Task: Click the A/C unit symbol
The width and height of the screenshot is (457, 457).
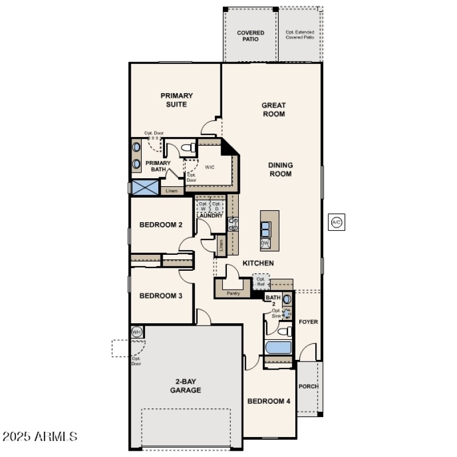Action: [336, 223]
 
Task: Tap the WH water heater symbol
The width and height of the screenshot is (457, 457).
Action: [137, 332]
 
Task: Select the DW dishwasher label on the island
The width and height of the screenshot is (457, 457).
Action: [265, 243]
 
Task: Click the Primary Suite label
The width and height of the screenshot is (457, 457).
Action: [177, 100]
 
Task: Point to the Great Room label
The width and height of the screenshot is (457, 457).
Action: [274, 109]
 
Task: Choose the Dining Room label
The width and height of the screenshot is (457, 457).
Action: [280, 169]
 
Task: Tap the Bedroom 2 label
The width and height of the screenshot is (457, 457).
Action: [161, 225]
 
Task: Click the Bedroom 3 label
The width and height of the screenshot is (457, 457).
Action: [161, 296]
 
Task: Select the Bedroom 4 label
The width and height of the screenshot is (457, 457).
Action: [268, 402]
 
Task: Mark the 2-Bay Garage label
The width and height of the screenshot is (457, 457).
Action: [185, 386]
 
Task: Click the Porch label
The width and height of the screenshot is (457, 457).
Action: [308, 386]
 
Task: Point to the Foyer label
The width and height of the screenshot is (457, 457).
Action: [308, 322]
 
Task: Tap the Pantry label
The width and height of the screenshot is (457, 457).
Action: [233, 294]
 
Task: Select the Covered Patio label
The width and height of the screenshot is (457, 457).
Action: [251, 36]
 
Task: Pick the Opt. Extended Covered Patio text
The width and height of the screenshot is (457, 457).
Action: [300, 35]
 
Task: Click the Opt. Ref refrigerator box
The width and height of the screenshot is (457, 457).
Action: [261, 281]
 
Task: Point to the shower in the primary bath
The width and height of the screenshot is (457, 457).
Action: [145, 187]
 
